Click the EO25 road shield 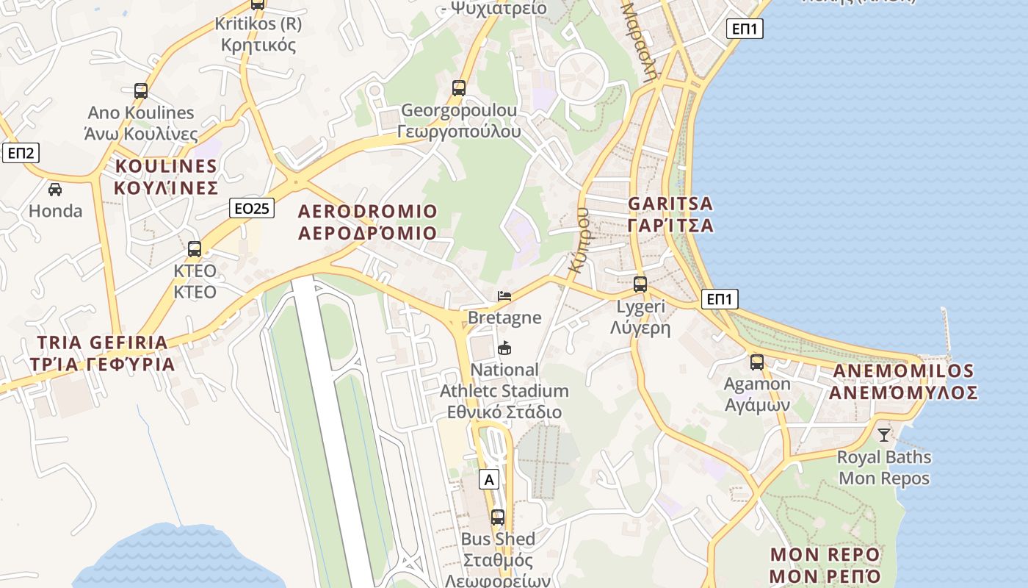coord(251,208)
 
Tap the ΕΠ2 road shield coord(21,153)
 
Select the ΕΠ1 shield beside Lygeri coord(720,299)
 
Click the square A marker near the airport coord(489,480)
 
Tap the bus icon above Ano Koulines coord(141,91)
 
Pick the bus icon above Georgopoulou coord(459,88)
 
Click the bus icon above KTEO coord(195,249)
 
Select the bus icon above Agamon coord(757,362)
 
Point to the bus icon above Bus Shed coord(498,517)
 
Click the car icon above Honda coord(55,190)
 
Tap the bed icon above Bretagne coord(504,296)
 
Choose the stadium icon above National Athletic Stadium coord(504,348)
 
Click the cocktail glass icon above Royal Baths coord(884,435)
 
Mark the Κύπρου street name coord(579,240)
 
